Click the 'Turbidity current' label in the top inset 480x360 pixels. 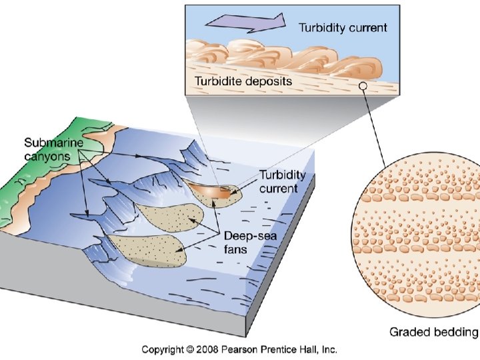[x=343, y=27]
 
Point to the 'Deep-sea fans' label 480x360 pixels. [x=247, y=243]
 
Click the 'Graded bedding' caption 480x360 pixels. [x=433, y=332]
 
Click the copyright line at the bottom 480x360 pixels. [x=239, y=349]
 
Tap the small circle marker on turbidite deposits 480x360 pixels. [x=362, y=85]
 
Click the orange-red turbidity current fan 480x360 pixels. [x=213, y=190]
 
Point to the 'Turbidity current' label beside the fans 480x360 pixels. [x=282, y=182]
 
